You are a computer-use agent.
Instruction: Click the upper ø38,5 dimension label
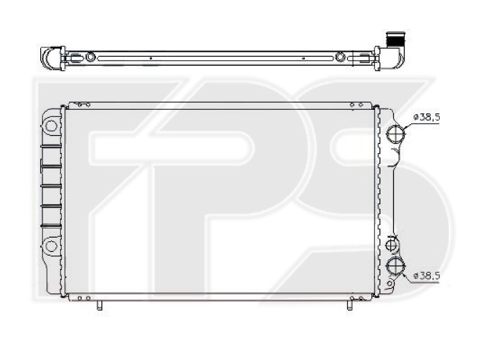[428, 118]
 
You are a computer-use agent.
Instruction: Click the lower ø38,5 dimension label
[428, 275]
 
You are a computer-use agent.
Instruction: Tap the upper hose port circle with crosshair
[395, 134]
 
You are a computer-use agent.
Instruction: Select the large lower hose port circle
[395, 265]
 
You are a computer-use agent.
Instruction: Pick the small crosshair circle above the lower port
[392, 245]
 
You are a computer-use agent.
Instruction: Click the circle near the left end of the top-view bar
[90, 57]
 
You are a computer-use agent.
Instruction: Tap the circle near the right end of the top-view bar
[341, 57]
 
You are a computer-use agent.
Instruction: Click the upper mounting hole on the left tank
[52, 127]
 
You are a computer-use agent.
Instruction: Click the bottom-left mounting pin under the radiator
[100, 304]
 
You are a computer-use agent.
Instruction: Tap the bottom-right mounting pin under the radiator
[349, 304]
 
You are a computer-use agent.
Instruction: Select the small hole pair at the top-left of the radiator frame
[85, 105]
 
